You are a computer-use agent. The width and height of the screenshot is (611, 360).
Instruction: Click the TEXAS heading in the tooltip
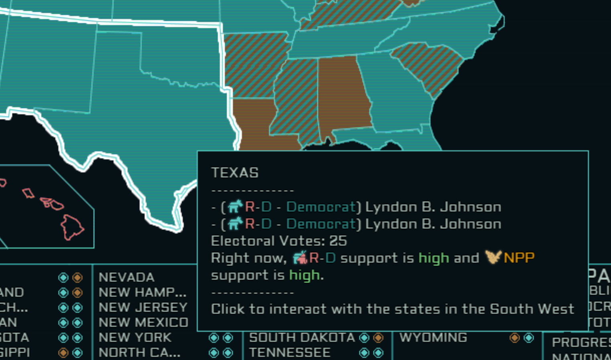[235, 173]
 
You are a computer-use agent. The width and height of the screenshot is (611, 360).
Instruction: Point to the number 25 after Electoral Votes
[338, 241]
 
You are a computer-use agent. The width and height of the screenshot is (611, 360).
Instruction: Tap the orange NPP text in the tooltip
[519, 258]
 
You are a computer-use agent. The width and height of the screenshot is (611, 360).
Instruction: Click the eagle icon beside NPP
[493, 257]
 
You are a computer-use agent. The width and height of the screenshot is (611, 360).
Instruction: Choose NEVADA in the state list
[126, 277]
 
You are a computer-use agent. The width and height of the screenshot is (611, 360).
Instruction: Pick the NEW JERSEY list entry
[143, 307]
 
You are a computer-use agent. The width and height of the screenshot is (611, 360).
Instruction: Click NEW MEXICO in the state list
[143, 323]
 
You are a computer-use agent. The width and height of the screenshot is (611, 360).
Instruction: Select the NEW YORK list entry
[135, 338]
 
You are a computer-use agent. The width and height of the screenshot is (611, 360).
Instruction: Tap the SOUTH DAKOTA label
[302, 338]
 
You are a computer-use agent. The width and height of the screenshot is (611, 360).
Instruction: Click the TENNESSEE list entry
[290, 353]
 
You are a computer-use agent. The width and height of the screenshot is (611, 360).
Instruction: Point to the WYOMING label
[433, 338]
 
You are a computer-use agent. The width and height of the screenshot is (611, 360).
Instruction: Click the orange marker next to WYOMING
[514, 338]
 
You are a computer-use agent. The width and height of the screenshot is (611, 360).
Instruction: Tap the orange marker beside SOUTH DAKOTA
[378, 338]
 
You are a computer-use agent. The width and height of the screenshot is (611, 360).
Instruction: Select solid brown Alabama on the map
[343, 94]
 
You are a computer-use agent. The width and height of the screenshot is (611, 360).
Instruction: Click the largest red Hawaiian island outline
[71, 227]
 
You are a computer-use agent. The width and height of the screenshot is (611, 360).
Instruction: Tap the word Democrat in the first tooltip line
[321, 207]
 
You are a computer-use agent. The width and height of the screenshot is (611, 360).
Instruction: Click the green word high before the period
[304, 275]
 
